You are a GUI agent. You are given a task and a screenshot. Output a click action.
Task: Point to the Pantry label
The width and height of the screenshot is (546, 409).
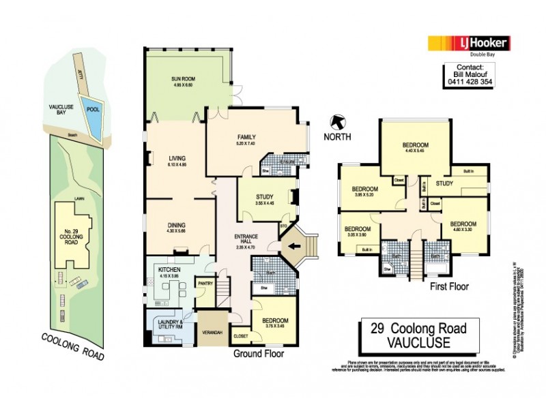(204, 283)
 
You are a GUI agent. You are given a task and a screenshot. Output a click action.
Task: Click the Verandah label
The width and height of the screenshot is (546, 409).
(212, 332)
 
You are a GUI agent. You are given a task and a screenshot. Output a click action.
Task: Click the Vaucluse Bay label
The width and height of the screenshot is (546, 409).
(60, 112)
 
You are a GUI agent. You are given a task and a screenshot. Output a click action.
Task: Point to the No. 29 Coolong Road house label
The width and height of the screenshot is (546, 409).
(70, 226)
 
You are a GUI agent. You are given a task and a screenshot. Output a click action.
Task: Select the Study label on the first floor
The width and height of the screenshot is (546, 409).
(445, 183)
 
